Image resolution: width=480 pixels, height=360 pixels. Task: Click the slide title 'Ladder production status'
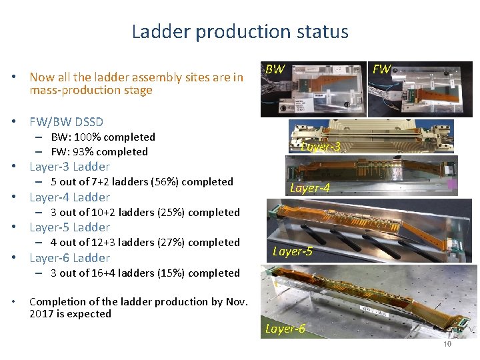coord(240,31)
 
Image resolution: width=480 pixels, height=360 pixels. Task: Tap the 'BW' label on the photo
coord(275,69)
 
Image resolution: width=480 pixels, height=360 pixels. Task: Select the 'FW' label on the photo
coord(381,69)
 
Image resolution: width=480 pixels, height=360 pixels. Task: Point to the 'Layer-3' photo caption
coord(321,147)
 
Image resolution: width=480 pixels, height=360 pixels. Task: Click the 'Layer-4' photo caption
coord(309,189)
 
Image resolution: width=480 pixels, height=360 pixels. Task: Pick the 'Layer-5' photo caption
coord(292,251)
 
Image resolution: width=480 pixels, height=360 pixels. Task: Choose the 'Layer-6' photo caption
coord(285,328)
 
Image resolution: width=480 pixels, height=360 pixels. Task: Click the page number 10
coord(447,344)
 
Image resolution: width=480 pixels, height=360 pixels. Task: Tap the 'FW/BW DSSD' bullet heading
coord(66,121)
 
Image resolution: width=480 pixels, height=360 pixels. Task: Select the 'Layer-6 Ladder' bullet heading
coord(69,257)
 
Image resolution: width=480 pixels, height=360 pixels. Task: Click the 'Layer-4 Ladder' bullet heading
coord(69,197)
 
